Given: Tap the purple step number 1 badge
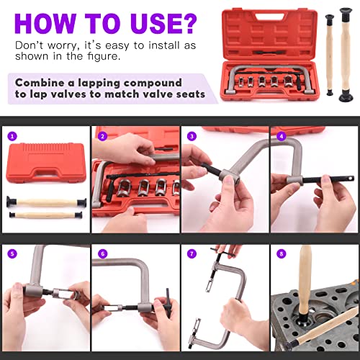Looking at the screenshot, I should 12,135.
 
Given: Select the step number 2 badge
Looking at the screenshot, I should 102,135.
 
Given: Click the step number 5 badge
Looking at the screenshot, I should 12,253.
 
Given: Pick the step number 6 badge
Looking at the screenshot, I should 102,253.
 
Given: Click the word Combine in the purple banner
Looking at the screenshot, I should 44,81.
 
